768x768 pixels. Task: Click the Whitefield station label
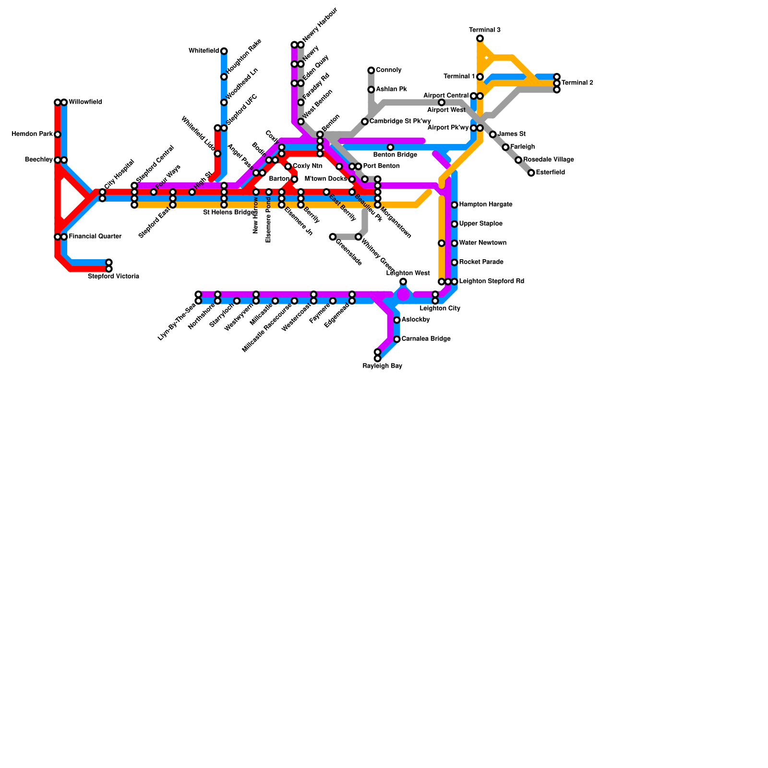click(204, 51)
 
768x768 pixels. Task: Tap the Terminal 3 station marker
click(480, 38)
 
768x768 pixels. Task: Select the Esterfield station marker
click(531, 173)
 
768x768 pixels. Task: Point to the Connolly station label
click(388, 70)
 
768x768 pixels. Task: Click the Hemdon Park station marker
click(58, 134)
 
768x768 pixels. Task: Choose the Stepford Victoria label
click(113, 276)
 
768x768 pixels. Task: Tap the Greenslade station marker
click(333, 237)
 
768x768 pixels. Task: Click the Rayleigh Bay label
click(382, 366)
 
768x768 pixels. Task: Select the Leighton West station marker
click(403, 282)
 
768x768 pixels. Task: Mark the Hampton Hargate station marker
click(455, 205)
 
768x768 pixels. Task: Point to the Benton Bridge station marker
click(390, 147)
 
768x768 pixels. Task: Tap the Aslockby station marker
click(397, 320)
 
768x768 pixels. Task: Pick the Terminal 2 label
click(577, 83)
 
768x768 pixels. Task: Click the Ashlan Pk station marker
click(371, 90)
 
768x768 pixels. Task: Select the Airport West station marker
click(442, 102)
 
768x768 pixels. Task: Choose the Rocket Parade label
click(481, 262)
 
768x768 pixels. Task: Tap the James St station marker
click(492, 134)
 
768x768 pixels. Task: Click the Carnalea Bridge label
click(426, 339)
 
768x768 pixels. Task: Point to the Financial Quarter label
click(95, 237)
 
